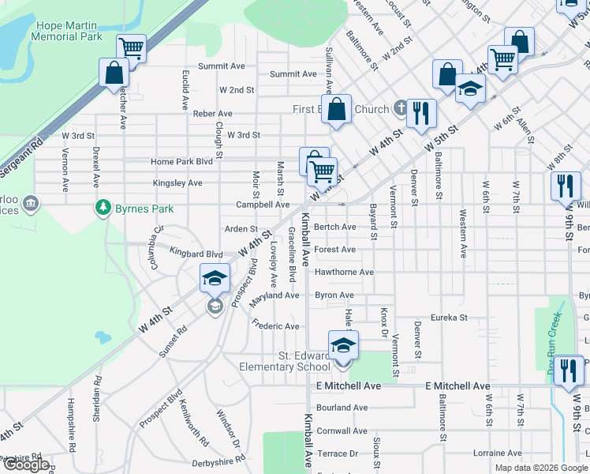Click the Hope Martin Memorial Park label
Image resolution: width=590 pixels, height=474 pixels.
pos(68,31)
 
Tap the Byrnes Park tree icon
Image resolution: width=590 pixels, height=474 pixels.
pos(102,208)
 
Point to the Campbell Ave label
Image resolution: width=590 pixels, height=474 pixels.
pos(263,205)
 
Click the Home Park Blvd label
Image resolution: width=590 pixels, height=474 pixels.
pos(182,162)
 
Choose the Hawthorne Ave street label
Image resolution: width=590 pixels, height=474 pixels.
pos(344,273)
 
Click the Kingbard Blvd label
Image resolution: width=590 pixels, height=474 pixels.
pos(196,254)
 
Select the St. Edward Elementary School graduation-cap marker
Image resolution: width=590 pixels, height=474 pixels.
pos(343,345)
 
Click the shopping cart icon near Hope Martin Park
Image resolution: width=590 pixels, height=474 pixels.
pos(132,48)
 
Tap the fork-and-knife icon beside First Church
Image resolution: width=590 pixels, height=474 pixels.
pos(422,113)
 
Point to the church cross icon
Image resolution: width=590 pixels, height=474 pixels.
pos(401,109)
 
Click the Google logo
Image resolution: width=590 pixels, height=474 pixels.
pos(25,465)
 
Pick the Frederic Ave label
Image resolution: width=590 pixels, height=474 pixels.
pos(275,325)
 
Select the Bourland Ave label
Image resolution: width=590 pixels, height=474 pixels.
pos(342,408)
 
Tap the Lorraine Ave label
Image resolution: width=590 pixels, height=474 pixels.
pos(497,453)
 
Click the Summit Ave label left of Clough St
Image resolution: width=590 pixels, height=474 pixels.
pos(222,66)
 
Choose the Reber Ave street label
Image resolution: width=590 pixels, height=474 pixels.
pos(212,114)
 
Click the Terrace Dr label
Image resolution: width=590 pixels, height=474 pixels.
pos(337,453)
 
